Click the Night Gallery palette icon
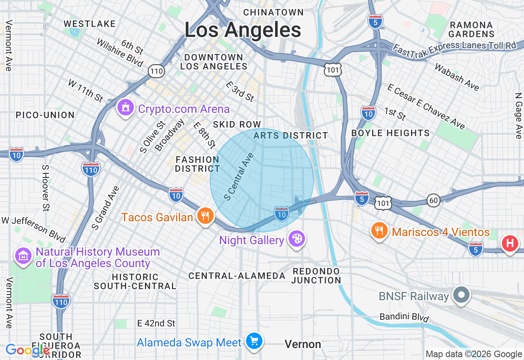tap(296, 239)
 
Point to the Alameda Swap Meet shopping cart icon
tap(254, 340)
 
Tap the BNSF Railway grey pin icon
tap(462, 295)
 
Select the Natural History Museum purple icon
tap(23, 256)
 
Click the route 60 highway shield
tap(434, 200)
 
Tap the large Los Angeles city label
tap(243, 30)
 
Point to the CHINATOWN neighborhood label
tap(273, 13)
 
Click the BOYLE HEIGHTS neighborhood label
tap(391, 133)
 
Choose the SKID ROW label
tap(237, 124)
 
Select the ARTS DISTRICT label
tap(291, 135)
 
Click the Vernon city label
tap(303, 344)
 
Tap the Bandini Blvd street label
tap(404, 317)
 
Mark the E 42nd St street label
tap(156, 323)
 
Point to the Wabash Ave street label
tap(457, 76)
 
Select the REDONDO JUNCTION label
tap(316, 276)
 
